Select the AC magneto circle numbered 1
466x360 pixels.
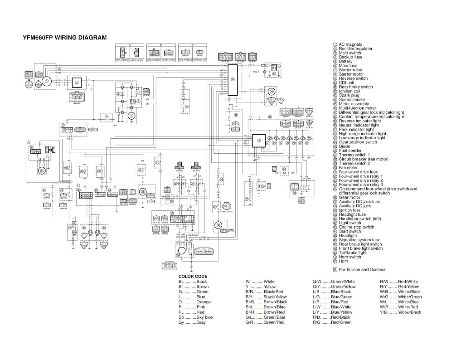[x=47, y=82]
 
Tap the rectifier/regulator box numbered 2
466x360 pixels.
[x=77, y=83]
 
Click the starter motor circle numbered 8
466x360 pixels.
[x=132, y=116]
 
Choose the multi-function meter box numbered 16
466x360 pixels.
[x=259, y=141]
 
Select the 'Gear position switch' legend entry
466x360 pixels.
[x=358, y=142]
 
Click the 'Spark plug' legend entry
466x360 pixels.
[x=349, y=96]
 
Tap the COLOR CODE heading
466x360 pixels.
[x=193, y=276]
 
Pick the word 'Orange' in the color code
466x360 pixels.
[x=204, y=302]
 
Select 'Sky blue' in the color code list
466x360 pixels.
[x=204, y=317]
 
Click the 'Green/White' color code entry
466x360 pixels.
[x=343, y=282]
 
